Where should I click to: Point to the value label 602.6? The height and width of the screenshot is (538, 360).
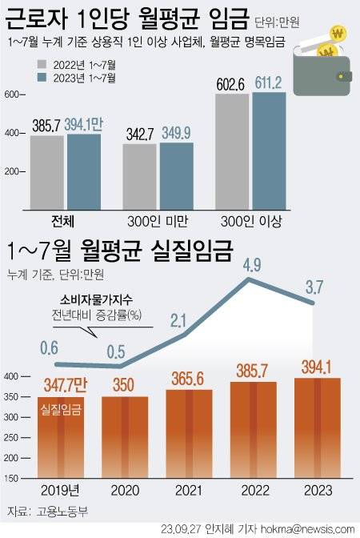231,82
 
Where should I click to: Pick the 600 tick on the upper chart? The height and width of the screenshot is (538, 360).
12,94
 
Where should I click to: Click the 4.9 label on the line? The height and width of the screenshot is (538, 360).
253,262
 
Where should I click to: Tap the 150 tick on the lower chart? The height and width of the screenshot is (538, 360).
12,478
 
